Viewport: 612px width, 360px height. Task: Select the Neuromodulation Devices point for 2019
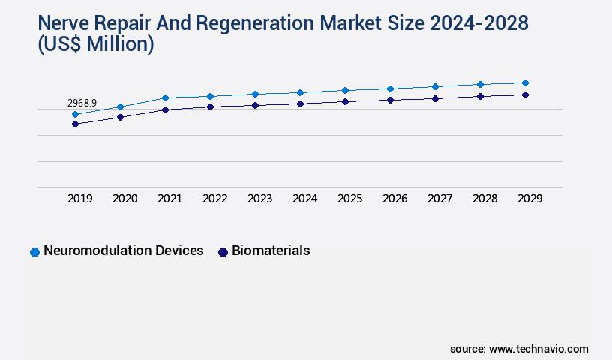coord(76,115)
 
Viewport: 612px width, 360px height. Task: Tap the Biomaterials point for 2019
coord(76,124)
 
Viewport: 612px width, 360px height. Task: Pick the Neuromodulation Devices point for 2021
coord(166,97)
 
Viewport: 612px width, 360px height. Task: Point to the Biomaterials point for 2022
coord(211,106)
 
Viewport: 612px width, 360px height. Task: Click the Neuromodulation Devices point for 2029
coord(525,82)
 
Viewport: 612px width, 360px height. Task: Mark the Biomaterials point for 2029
coord(525,94)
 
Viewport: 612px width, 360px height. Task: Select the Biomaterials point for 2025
coord(345,101)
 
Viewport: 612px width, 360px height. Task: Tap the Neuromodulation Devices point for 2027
coord(435,86)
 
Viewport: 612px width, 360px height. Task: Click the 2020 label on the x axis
coord(125,199)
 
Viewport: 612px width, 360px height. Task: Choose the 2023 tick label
coord(260,199)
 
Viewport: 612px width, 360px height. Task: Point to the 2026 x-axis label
coord(395,199)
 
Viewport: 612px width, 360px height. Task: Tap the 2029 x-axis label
coord(530,199)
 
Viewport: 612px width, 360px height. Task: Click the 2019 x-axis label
coord(80,199)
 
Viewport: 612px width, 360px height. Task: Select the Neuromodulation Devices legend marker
coord(34,252)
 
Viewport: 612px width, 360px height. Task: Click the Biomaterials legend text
coord(271,250)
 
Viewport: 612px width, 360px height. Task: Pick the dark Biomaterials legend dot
coord(223,252)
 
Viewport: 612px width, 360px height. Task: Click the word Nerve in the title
coord(64,23)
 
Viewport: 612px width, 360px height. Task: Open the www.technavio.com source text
coord(538,349)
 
